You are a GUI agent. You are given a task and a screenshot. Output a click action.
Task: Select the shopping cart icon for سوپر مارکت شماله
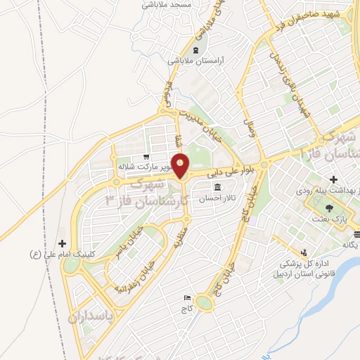(146, 157)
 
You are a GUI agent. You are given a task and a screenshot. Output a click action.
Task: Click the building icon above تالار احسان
(217, 188)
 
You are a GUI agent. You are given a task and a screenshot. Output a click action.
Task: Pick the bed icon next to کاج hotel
(186, 298)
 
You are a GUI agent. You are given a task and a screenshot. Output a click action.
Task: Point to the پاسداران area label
(91, 318)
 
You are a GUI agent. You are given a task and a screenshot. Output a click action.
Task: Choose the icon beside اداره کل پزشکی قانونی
(303, 252)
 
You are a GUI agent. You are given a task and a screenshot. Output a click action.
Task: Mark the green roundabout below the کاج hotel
(205, 303)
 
